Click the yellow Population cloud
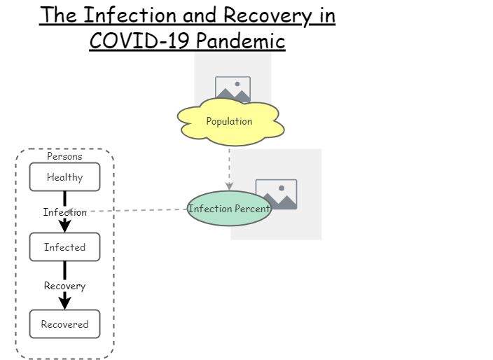click(x=230, y=122)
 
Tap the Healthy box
click(x=64, y=177)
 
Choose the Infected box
click(x=64, y=247)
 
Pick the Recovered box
click(x=64, y=324)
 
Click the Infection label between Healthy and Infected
click(x=64, y=212)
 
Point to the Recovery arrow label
click(x=64, y=286)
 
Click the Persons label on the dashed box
click(x=64, y=157)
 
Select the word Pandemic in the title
click(x=240, y=41)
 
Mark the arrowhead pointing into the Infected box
click(x=64, y=226)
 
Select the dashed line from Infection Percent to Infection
click(x=140, y=210)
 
